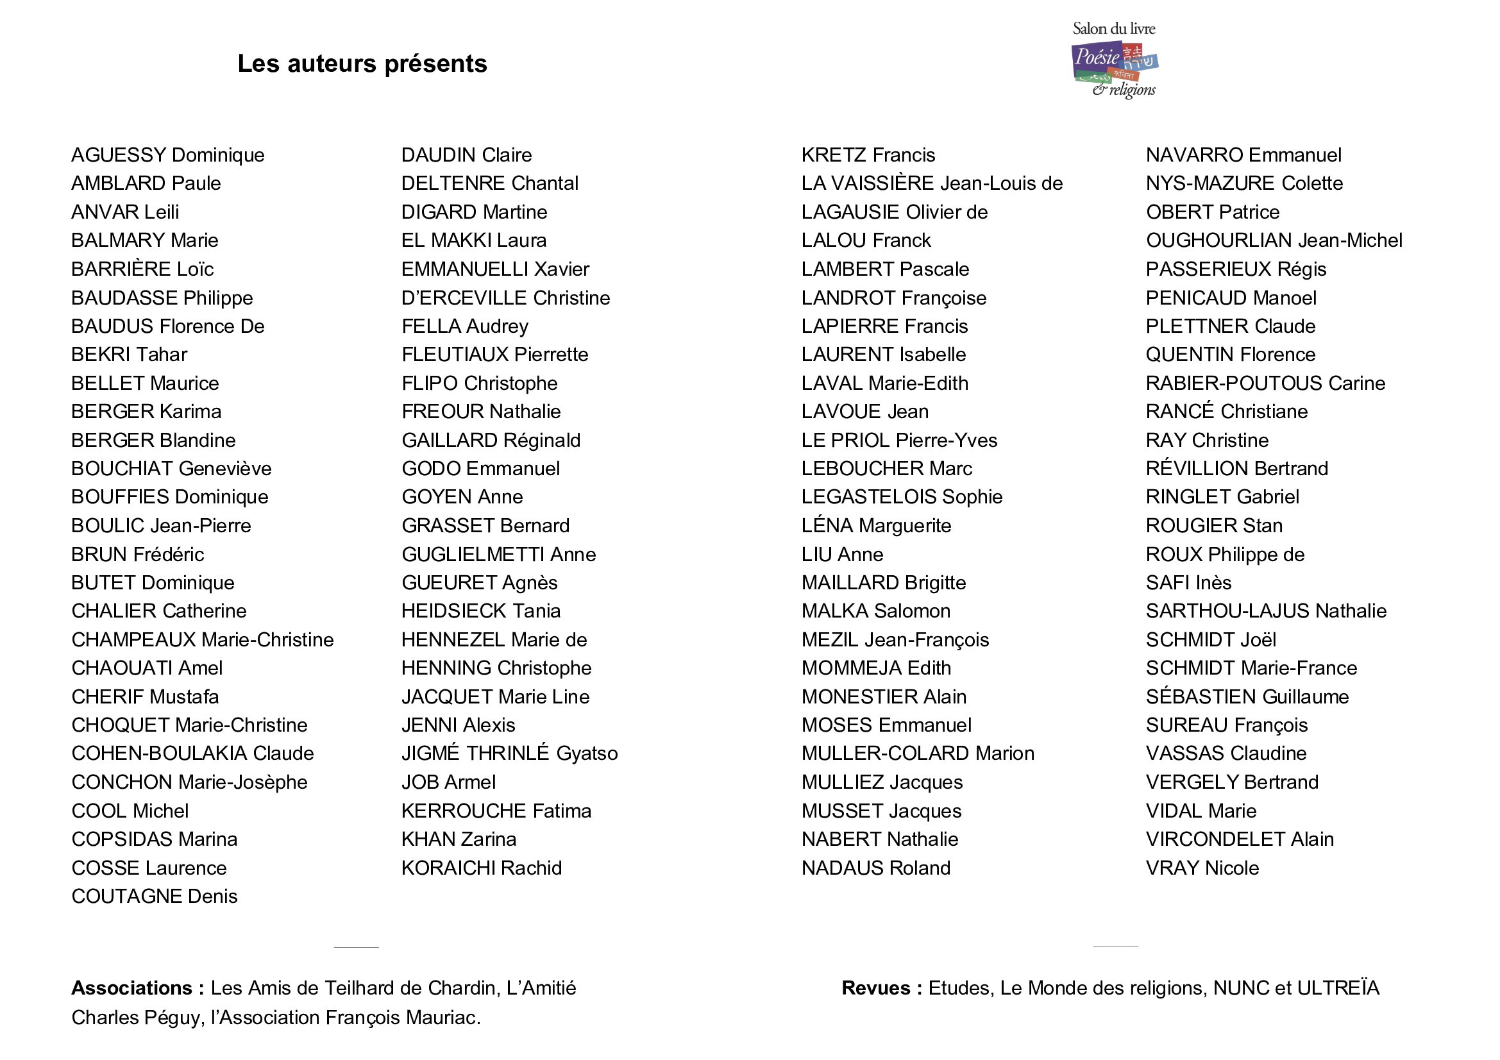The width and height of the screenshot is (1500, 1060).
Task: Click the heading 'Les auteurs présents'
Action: pyautogui.click(x=362, y=63)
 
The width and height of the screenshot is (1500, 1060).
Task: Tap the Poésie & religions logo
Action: pyautogui.click(x=1115, y=61)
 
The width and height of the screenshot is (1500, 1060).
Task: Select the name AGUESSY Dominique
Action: pyautogui.click(x=168, y=155)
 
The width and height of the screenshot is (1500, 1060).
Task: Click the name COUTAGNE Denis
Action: pyautogui.click(x=154, y=896)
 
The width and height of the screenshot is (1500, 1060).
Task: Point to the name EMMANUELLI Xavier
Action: pyautogui.click(x=495, y=269)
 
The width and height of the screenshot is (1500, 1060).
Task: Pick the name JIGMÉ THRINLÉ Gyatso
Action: pyautogui.click(x=510, y=753)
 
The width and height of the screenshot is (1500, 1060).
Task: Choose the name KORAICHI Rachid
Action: pyautogui.click(x=482, y=868)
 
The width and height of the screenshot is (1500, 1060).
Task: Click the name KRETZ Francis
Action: pyautogui.click(x=868, y=155)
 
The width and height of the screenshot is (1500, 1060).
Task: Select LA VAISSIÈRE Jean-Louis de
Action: pyautogui.click(x=932, y=183)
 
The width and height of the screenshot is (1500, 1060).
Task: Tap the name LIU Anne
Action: pyautogui.click(x=842, y=555)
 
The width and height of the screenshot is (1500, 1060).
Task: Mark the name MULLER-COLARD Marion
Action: pyautogui.click(x=918, y=753)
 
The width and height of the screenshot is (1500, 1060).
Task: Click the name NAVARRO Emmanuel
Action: pyautogui.click(x=1243, y=155)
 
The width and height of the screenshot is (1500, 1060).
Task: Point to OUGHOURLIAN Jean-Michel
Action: pyautogui.click(x=1274, y=240)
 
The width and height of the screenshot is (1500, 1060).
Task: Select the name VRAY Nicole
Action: pyautogui.click(x=1202, y=868)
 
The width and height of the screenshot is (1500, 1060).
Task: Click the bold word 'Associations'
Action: pyautogui.click(x=131, y=988)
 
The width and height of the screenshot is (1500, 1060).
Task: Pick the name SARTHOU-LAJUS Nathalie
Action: pyautogui.click(x=1265, y=610)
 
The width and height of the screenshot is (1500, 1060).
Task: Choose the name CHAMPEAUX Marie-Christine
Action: pyautogui.click(x=203, y=639)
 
